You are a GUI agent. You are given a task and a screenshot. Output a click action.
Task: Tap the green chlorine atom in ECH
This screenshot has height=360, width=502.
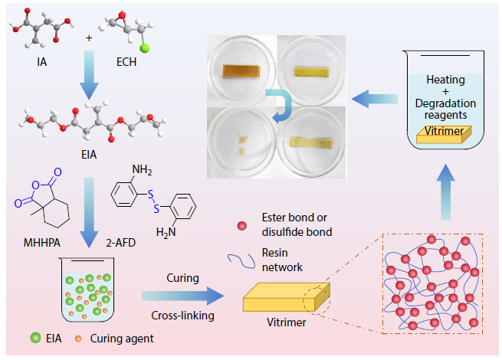[144, 50]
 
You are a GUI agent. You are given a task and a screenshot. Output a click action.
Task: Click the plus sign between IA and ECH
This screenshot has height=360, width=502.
[89, 38]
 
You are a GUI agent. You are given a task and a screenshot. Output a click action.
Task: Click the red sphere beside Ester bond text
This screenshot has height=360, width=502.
[243, 225]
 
